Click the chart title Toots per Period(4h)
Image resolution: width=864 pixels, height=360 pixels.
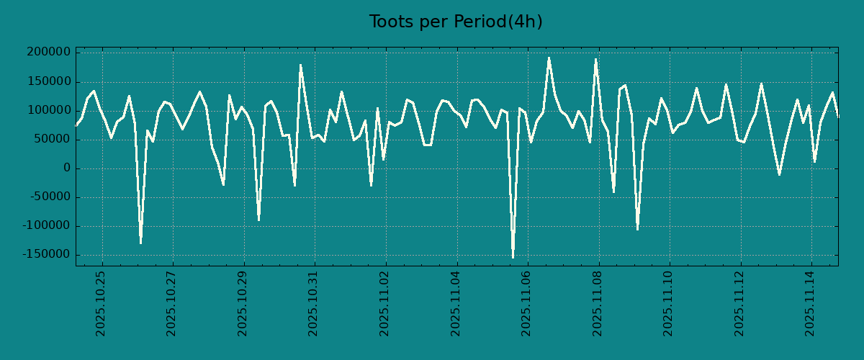(455, 22)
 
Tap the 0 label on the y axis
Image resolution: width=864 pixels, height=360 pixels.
(67, 168)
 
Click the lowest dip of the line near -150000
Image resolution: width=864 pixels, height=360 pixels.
(513, 257)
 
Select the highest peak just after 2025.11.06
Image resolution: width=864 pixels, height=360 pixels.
(549, 58)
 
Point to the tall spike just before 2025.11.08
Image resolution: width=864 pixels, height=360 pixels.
(596, 59)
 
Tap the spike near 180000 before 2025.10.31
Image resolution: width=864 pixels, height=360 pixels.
(300, 65)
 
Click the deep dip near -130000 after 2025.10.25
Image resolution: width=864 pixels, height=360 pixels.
(140, 243)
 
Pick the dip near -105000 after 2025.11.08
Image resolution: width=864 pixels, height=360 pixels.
(637, 229)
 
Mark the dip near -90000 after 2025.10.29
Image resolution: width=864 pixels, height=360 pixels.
(259, 220)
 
